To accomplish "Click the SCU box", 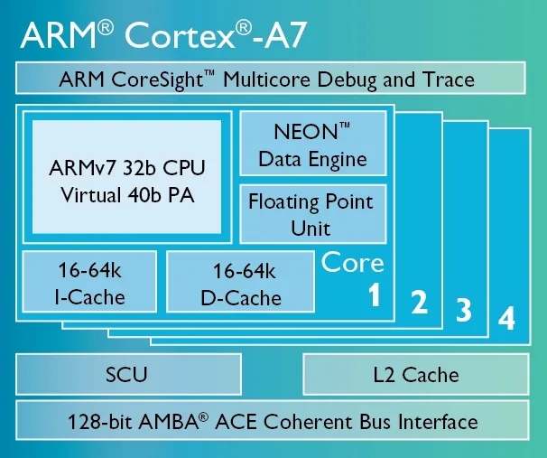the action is (x=129, y=374).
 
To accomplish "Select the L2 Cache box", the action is (x=416, y=374).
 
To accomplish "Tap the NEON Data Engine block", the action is (x=313, y=143).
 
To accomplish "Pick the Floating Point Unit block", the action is (x=313, y=213).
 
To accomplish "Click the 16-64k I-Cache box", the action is (x=89, y=281).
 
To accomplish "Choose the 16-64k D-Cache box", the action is (x=240, y=281).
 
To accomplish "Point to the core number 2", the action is (x=420, y=303).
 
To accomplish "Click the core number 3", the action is (x=464, y=310).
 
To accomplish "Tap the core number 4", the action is (x=506, y=318).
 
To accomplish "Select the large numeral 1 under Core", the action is (x=375, y=295).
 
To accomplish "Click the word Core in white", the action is (x=352, y=263).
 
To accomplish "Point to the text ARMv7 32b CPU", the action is (x=127, y=168).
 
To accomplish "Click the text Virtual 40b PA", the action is (x=127, y=195).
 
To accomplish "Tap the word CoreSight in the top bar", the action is (x=158, y=79).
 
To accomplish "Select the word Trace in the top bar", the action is (x=449, y=79).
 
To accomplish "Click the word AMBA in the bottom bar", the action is (x=169, y=422).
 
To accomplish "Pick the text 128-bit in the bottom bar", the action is (x=99, y=422).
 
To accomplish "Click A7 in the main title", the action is (x=285, y=35).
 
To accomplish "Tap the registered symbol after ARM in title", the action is (x=106, y=28).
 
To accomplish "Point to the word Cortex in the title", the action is (x=180, y=35).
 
